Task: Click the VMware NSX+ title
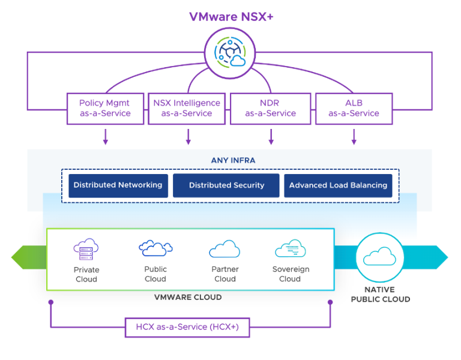click(231, 16)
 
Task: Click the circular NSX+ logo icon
click(230, 53)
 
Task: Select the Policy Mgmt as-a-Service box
click(105, 108)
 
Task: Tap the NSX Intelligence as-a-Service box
click(187, 108)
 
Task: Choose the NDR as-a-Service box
click(270, 108)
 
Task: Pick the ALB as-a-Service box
click(354, 108)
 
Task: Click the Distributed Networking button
click(118, 185)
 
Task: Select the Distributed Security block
click(226, 185)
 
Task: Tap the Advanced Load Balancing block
click(338, 185)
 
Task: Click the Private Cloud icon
click(86, 248)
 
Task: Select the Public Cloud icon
click(155, 247)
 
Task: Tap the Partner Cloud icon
click(224, 248)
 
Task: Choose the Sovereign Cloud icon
click(291, 248)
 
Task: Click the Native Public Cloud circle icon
click(380, 257)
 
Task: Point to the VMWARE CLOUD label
click(188, 297)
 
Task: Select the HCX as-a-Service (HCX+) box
click(187, 328)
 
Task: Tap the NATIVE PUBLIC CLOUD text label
click(380, 294)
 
